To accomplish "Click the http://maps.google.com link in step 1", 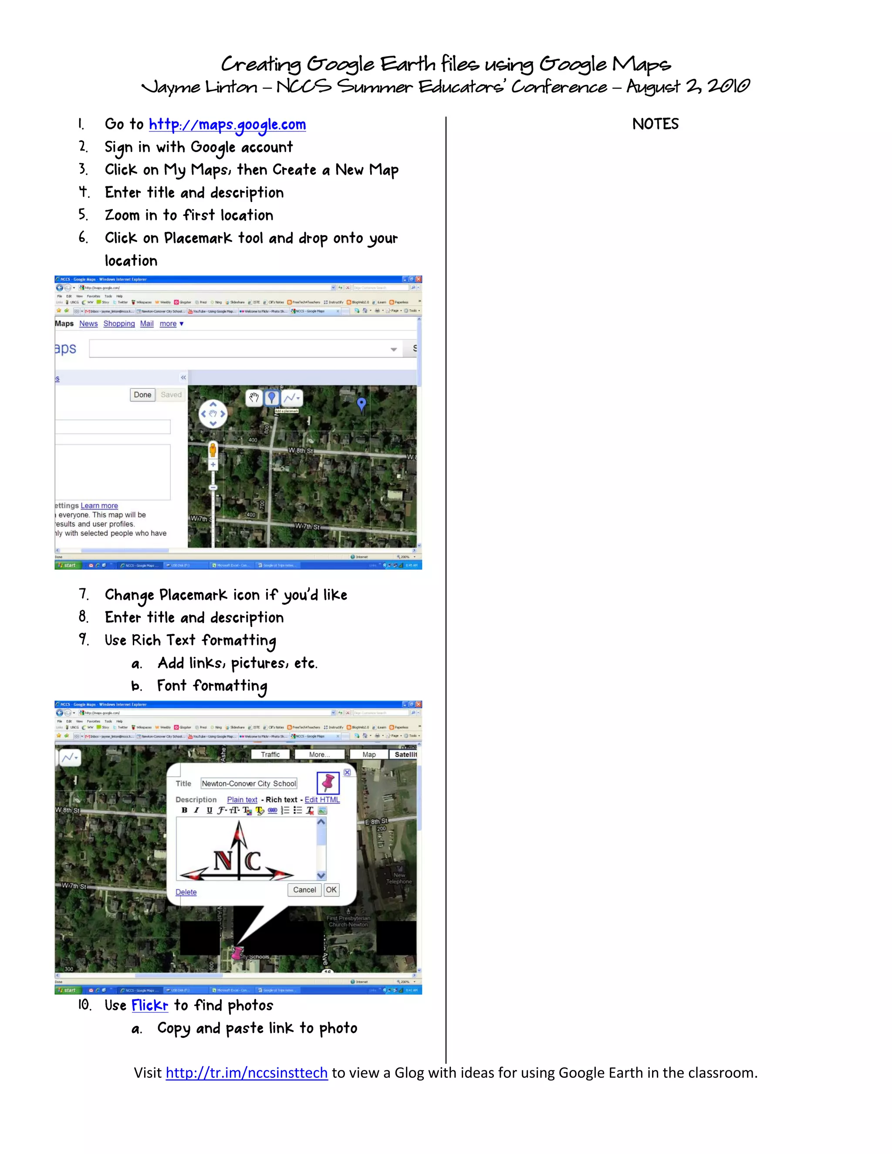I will pyautogui.click(x=227, y=125).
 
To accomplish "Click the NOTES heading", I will pyautogui.click(x=655, y=124).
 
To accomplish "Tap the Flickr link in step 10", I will pyautogui.click(x=149, y=1005).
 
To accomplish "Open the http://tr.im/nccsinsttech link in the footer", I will pyautogui.click(x=247, y=1073).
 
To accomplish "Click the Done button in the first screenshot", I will pyautogui.click(x=142, y=395).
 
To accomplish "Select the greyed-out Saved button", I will pyautogui.click(x=171, y=395).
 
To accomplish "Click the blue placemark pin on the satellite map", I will pyautogui.click(x=362, y=404).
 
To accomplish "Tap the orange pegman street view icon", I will pyautogui.click(x=213, y=450).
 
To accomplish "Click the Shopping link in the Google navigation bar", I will pyautogui.click(x=119, y=324).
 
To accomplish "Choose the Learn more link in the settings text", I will pyautogui.click(x=99, y=506).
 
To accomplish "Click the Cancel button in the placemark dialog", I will pyautogui.click(x=304, y=890).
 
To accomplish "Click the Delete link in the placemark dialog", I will pyautogui.click(x=186, y=892).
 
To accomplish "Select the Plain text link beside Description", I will pyautogui.click(x=242, y=800).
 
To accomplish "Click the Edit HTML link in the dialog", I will pyautogui.click(x=322, y=800).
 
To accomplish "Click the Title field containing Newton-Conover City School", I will pyautogui.click(x=248, y=783).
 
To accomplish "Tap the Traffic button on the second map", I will pyautogui.click(x=270, y=755).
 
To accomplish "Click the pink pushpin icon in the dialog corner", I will pyautogui.click(x=328, y=783).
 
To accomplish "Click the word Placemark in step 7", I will pyautogui.click(x=193, y=595).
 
